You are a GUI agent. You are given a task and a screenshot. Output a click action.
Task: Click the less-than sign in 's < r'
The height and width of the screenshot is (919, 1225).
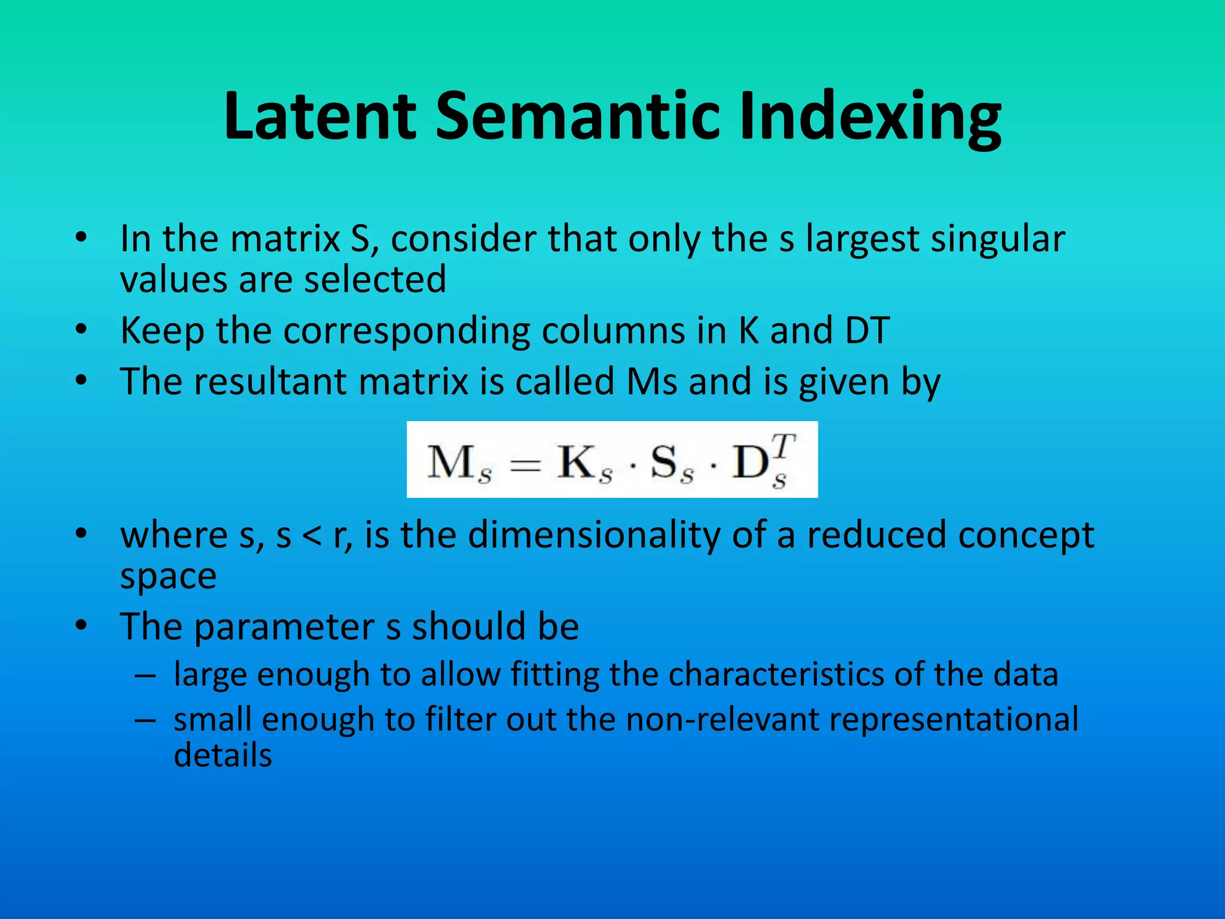[312, 535]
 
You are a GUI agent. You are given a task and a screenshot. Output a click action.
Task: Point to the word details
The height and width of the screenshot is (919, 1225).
[223, 755]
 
